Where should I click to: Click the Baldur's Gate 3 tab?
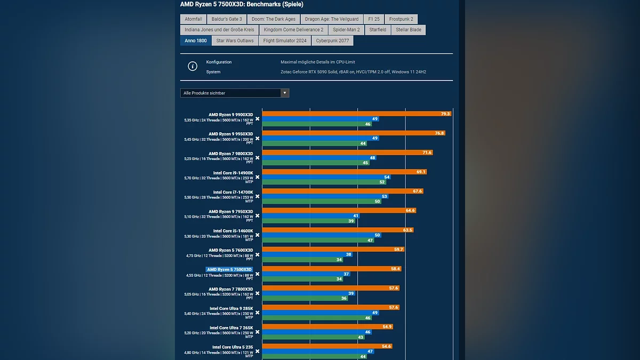[x=227, y=19]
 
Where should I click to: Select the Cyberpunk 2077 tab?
[x=332, y=41]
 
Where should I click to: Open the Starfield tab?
[x=378, y=30]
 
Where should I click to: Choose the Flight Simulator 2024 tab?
[x=285, y=41]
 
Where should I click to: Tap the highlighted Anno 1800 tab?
[x=196, y=41]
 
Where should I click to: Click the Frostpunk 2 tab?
[x=401, y=19]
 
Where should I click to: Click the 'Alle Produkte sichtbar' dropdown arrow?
[x=285, y=93]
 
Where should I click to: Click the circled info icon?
[x=193, y=67]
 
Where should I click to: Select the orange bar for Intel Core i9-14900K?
[x=341, y=172]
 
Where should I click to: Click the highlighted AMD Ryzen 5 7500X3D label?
[x=229, y=269]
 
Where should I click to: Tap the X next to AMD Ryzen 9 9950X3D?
[x=257, y=139]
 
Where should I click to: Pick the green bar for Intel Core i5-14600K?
[x=315, y=241]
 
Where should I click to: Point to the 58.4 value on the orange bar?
[x=395, y=269]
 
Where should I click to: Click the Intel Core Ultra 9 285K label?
[x=231, y=308]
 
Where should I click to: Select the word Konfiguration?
[x=219, y=62]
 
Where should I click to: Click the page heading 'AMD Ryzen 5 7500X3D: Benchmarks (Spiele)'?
[x=242, y=4]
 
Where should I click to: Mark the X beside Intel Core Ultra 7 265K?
[x=257, y=332]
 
